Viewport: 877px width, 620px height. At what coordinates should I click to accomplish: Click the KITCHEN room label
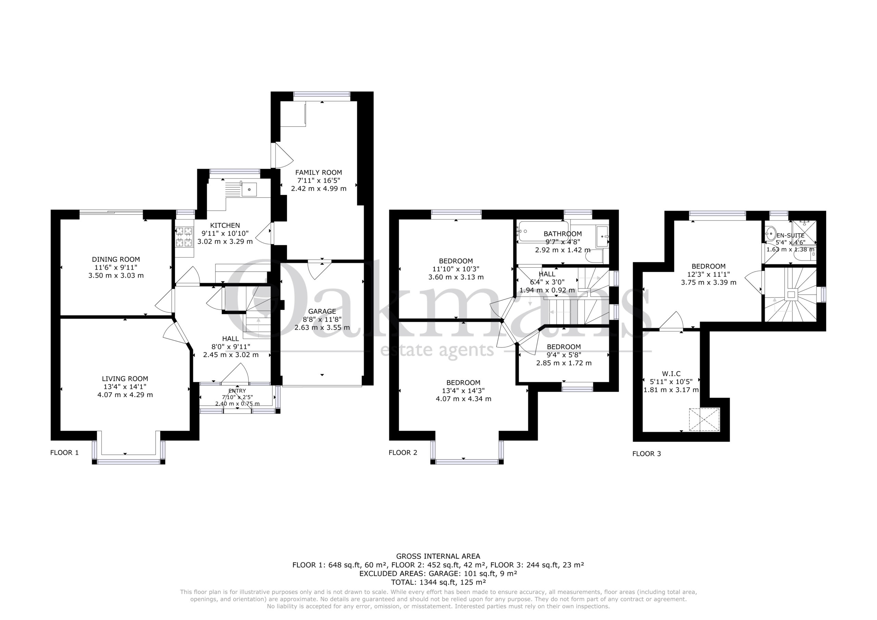click(225, 226)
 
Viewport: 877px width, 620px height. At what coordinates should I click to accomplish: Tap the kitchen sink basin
click(249, 189)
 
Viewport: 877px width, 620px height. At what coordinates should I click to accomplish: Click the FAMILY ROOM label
click(319, 173)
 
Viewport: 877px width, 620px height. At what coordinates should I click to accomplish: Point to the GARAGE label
click(322, 312)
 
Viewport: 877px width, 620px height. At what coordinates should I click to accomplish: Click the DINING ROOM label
click(116, 260)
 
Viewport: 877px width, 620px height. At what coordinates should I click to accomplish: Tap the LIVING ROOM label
click(125, 379)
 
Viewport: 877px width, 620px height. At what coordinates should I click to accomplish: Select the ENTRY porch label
click(237, 391)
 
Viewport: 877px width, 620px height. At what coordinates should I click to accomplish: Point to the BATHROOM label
click(563, 233)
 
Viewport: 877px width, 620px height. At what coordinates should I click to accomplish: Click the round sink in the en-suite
click(770, 233)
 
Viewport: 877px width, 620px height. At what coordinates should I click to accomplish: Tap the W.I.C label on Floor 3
click(671, 374)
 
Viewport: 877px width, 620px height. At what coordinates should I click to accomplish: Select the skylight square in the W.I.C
click(704, 420)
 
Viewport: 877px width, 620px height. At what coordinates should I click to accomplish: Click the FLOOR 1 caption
click(64, 453)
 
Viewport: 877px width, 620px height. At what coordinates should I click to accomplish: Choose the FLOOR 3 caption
click(647, 454)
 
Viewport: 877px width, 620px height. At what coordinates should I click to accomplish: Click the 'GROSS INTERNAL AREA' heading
click(438, 557)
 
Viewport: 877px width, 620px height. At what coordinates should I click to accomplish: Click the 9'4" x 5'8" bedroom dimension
click(564, 355)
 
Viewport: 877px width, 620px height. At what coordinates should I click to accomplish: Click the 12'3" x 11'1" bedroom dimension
click(708, 275)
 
